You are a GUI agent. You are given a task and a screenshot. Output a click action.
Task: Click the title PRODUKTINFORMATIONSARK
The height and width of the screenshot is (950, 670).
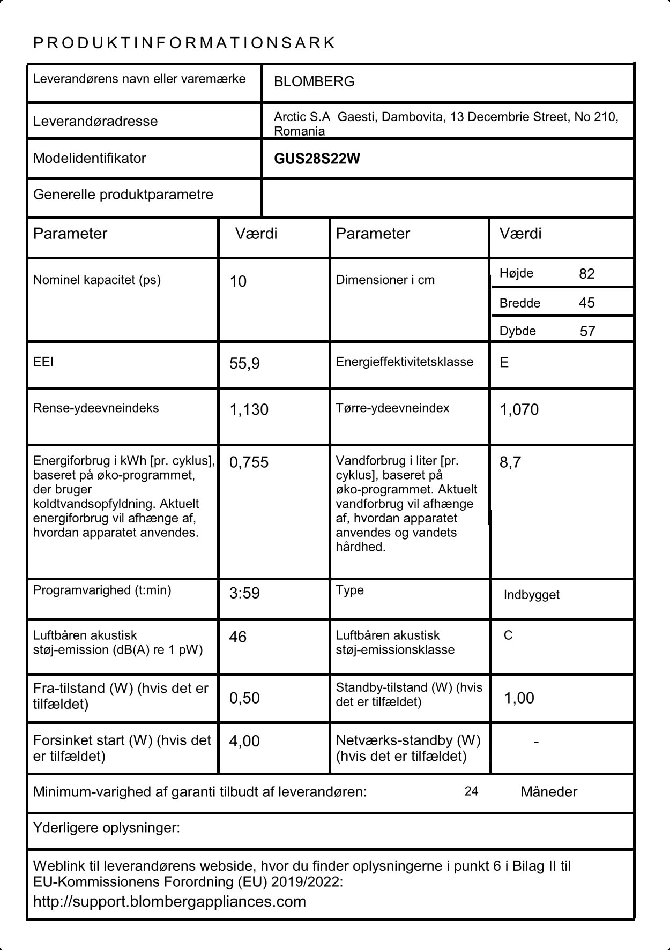(184, 43)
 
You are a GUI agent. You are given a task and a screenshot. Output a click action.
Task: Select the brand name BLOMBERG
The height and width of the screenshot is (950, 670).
(314, 81)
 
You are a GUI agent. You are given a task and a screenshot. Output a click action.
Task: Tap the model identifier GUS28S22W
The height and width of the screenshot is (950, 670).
(317, 159)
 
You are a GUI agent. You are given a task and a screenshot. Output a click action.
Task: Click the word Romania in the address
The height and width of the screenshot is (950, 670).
(299, 131)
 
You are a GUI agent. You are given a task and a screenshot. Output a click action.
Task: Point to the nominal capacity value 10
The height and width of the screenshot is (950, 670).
(238, 282)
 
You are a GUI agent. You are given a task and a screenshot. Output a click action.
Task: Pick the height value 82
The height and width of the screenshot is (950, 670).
(587, 274)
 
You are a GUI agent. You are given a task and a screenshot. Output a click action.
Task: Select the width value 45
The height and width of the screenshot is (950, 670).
(587, 303)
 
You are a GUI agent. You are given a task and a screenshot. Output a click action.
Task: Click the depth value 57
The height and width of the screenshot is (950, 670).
(587, 331)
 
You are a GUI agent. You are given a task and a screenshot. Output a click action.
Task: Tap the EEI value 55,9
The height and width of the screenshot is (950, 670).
(244, 364)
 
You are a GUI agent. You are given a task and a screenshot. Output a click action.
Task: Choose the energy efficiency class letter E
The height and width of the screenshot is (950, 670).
(504, 363)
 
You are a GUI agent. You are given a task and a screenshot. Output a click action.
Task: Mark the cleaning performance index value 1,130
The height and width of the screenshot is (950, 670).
(249, 410)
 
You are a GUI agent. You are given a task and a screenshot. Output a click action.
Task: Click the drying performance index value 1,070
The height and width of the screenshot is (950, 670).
(519, 410)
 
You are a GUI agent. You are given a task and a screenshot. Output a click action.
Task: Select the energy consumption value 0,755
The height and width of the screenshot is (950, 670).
(249, 462)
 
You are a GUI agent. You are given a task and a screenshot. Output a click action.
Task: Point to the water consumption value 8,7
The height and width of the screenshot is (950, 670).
(510, 462)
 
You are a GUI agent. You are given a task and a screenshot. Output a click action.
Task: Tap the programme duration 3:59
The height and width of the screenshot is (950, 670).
(244, 593)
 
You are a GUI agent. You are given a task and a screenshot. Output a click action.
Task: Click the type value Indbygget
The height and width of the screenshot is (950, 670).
(531, 595)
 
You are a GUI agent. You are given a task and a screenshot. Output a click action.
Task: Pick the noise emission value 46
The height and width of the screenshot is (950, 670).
(237, 637)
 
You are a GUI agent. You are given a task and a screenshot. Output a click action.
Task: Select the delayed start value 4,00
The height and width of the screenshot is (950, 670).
(244, 741)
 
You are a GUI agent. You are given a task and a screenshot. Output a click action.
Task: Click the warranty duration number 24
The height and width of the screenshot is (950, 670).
(471, 791)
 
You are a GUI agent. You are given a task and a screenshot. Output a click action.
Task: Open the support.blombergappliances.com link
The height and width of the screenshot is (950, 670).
(169, 901)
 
